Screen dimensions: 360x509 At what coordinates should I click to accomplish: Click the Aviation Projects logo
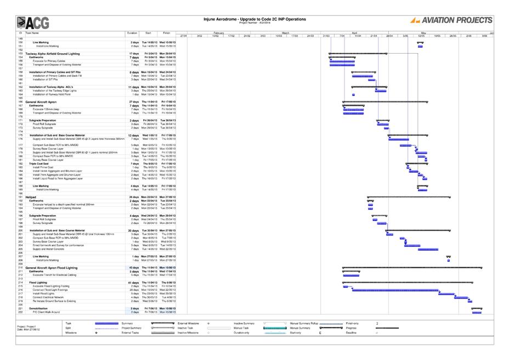451,20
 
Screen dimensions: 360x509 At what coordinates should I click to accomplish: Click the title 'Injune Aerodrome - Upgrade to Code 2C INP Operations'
254,19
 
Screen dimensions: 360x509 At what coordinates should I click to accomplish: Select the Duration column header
132,33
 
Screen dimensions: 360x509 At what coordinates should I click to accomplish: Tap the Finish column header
166,33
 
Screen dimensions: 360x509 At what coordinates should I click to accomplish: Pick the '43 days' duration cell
134,268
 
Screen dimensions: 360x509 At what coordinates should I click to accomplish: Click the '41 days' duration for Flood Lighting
134,282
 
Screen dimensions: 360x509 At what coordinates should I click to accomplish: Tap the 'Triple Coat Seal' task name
41,164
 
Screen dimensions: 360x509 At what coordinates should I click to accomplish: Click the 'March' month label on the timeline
285,33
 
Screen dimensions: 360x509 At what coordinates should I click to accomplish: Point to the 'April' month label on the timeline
355,33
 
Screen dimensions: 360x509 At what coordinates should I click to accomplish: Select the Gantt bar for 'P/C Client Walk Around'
477,312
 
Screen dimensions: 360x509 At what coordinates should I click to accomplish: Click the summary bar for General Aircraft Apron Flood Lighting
411,268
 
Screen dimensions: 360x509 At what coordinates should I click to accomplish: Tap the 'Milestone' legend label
71,333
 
